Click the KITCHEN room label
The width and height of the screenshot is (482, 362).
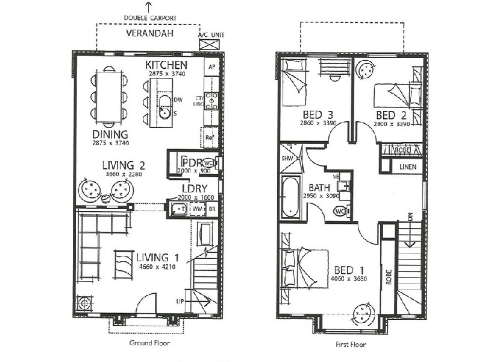pos(166,65)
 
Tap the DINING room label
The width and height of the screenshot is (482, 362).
pos(110,134)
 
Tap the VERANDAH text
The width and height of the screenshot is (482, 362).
pos(149,33)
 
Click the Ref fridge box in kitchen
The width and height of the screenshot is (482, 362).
pos(210,137)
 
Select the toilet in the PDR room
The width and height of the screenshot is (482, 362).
pos(208,163)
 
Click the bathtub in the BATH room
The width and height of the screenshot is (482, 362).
pos(290,196)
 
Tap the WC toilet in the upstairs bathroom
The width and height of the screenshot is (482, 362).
pos(340,211)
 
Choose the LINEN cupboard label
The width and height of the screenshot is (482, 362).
pos(407,166)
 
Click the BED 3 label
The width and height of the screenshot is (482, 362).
pos(315,115)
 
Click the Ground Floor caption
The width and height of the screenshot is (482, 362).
pos(149,343)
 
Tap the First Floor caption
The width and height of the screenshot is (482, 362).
pos(351,346)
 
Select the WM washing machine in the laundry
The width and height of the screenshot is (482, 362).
pos(197,209)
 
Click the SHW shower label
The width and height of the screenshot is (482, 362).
pos(286,159)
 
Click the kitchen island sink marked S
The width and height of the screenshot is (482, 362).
pos(164,112)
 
